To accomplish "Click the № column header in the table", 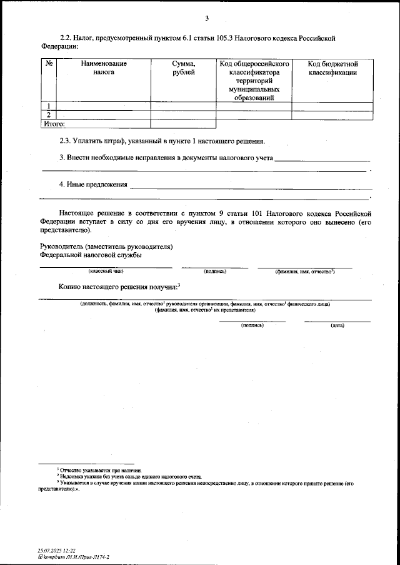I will coord(48,64).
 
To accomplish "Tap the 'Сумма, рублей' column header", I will coord(183,68).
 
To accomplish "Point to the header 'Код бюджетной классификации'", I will coord(332,68).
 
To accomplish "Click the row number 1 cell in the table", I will coord(48,106).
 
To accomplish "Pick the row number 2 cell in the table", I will coord(48,115).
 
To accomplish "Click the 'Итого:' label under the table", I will coord(54,124).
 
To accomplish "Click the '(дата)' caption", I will coord(337,325).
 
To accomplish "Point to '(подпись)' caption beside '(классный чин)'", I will coord(215,271).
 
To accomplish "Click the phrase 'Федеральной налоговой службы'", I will coord(91,255).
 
